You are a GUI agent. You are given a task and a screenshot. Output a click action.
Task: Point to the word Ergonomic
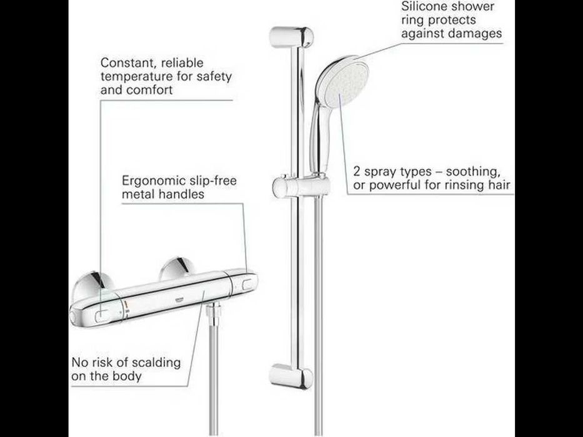pos(154,181)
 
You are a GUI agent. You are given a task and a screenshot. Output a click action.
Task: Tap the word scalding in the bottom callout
pos(157,363)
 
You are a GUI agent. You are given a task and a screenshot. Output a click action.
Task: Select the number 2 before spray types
pos(357,172)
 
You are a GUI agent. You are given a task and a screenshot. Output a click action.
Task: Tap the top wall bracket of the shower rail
pos(291,37)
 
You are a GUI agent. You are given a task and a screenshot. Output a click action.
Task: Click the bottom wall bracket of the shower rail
pos(291,376)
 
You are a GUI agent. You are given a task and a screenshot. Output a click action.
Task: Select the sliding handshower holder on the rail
pos(301,186)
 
